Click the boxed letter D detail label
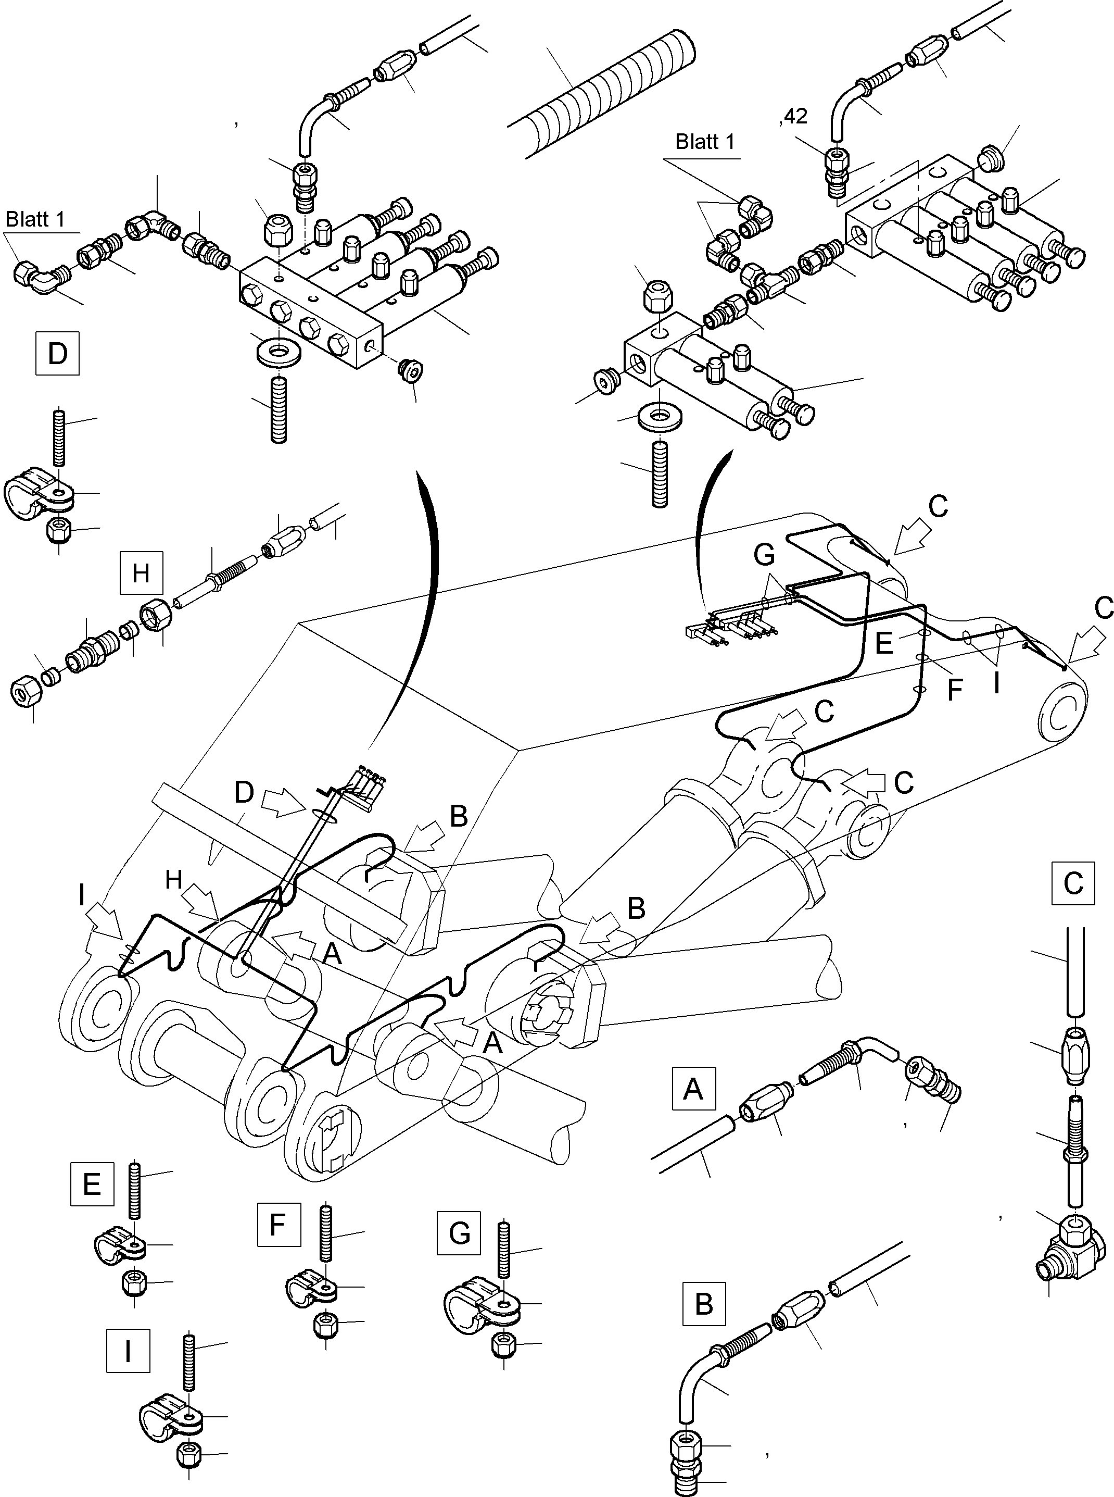click(x=57, y=353)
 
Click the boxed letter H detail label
click(x=140, y=573)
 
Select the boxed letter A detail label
click(x=693, y=1089)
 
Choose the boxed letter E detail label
click(x=92, y=1184)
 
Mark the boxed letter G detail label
click(x=459, y=1234)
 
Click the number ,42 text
click(x=793, y=117)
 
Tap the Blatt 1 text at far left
click(x=35, y=219)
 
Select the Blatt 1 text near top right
click(x=705, y=142)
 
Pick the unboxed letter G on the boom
click(x=764, y=555)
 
